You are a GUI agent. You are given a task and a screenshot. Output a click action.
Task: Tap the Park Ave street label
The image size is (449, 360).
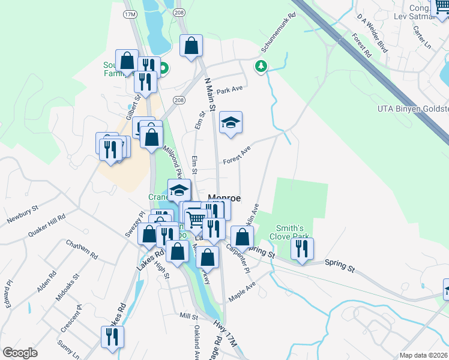click(230, 91)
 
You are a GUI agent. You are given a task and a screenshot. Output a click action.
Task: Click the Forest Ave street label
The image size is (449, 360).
click(236, 157)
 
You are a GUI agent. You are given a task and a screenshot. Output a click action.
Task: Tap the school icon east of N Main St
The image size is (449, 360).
click(231, 123)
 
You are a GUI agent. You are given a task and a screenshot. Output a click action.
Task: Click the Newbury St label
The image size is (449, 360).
click(23, 214)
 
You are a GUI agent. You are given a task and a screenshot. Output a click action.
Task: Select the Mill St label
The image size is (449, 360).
click(188, 316)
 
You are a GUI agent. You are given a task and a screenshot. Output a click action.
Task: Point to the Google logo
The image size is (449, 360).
click(20, 352)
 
